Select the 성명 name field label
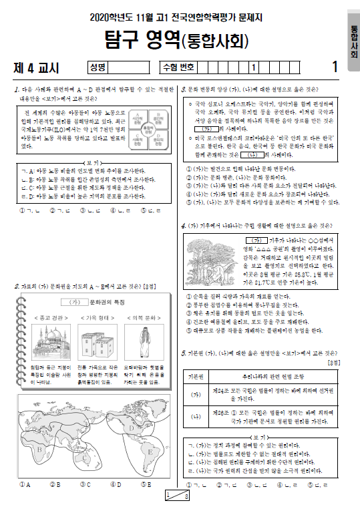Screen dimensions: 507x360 (x=98, y=67)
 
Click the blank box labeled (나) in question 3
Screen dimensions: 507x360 (x=265, y=154)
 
